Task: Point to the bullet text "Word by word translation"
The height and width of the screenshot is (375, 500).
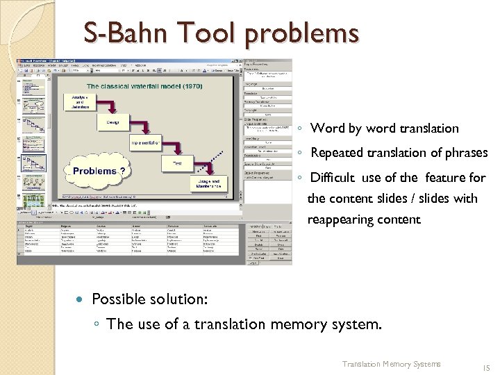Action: (384, 128)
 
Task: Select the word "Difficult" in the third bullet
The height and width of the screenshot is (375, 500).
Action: (336, 177)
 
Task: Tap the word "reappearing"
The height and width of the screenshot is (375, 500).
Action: (342, 219)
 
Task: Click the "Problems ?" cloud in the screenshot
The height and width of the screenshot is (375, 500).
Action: (94, 171)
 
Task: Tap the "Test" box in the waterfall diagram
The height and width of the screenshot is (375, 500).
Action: (177, 163)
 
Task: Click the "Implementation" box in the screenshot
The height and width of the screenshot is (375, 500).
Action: (146, 143)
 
